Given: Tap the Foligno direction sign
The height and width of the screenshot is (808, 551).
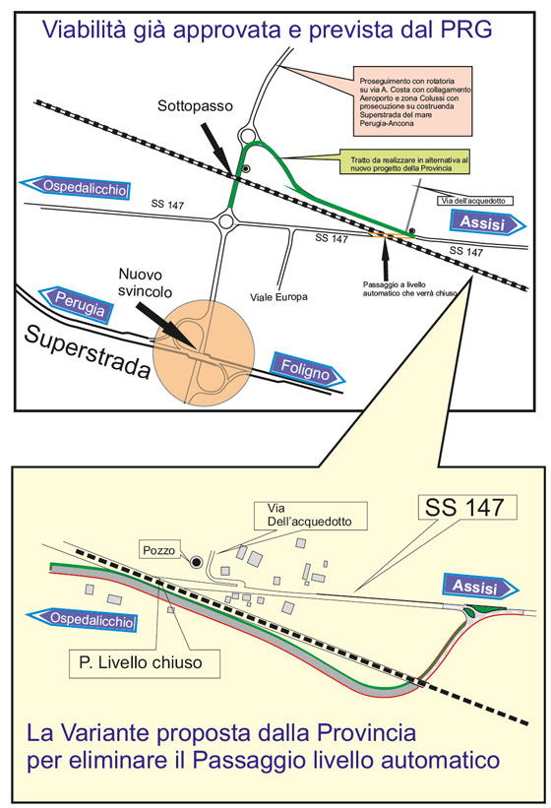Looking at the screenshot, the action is (x=307, y=369).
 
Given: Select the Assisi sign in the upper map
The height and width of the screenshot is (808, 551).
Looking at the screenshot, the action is (x=488, y=223).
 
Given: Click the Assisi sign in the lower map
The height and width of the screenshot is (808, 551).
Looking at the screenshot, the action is (x=480, y=587).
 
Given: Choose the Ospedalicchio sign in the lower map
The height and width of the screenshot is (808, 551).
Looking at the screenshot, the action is (x=83, y=619).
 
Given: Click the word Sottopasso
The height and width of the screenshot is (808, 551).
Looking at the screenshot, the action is (x=195, y=106).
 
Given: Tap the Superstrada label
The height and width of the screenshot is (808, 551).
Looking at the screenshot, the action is (x=88, y=352).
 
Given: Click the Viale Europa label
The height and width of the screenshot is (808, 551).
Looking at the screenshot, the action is (x=278, y=297).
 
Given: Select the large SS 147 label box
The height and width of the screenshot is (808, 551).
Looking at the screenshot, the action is (x=467, y=508).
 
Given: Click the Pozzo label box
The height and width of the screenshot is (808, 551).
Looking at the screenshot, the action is (x=159, y=550).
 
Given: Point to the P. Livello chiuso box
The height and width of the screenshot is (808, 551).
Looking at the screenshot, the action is (x=145, y=663).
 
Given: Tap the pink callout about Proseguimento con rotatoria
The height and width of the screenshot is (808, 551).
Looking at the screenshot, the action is (x=412, y=101).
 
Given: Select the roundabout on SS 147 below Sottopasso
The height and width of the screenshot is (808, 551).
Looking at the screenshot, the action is (x=225, y=222).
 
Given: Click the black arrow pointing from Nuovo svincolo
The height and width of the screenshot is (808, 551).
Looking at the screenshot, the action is (x=164, y=324).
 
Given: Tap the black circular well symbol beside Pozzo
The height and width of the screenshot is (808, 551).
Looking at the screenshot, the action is (x=196, y=562).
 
